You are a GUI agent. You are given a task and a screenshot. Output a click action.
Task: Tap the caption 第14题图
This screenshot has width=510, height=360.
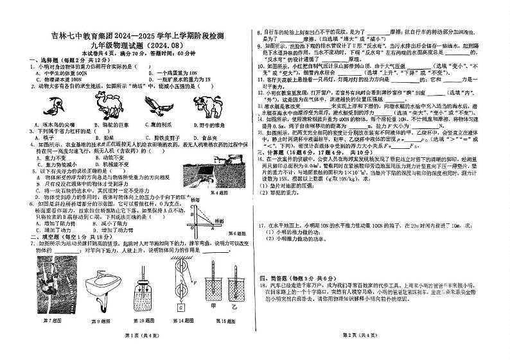(179, 320)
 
